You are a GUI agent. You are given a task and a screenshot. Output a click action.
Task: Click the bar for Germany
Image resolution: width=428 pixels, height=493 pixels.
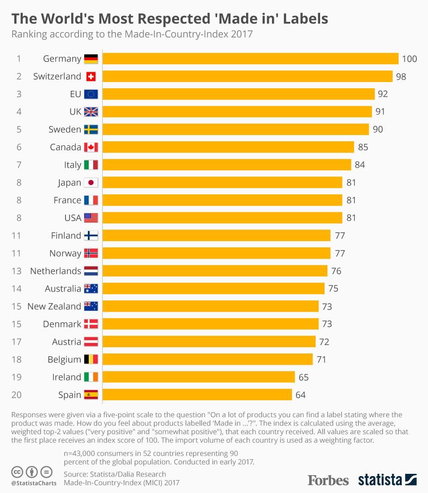click(251, 59)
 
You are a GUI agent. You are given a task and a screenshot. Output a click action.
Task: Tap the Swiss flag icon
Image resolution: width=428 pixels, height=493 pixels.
click(91, 77)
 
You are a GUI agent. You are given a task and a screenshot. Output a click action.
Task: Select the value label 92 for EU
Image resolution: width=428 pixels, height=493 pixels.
click(383, 94)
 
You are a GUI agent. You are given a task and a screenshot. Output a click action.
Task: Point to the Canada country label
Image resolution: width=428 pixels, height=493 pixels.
click(66, 147)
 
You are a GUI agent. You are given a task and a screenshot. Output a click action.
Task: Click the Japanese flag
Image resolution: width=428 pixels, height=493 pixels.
click(91, 183)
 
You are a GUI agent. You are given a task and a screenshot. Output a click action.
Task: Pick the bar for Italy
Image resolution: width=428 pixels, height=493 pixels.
click(227, 165)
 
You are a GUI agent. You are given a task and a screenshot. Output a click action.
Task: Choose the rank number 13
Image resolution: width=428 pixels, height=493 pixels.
click(16, 271)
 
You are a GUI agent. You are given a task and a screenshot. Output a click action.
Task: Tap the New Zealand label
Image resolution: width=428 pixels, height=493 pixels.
click(54, 306)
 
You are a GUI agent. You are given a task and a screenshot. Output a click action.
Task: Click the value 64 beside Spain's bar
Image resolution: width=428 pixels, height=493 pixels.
click(300, 395)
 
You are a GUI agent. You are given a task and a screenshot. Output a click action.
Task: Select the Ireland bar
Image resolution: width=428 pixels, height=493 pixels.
click(199, 377)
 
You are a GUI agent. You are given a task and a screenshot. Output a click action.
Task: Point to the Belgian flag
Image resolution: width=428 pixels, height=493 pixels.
click(91, 359)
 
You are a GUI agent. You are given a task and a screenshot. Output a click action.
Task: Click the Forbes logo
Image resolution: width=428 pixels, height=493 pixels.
click(328, 480)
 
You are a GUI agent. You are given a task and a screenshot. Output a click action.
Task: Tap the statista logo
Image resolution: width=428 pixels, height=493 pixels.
click(387, 480)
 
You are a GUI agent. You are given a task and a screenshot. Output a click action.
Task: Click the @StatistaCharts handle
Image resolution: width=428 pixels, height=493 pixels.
click(34, 483)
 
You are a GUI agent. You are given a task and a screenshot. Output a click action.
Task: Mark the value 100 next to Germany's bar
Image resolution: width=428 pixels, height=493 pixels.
click(409, 59)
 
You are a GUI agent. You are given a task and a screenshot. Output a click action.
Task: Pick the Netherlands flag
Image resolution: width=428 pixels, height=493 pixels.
click(91, 271)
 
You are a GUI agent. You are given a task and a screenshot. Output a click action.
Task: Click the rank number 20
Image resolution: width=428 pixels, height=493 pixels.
click(16, 395)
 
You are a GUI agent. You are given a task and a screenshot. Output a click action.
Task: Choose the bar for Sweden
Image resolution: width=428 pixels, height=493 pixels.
click(236, 130)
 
